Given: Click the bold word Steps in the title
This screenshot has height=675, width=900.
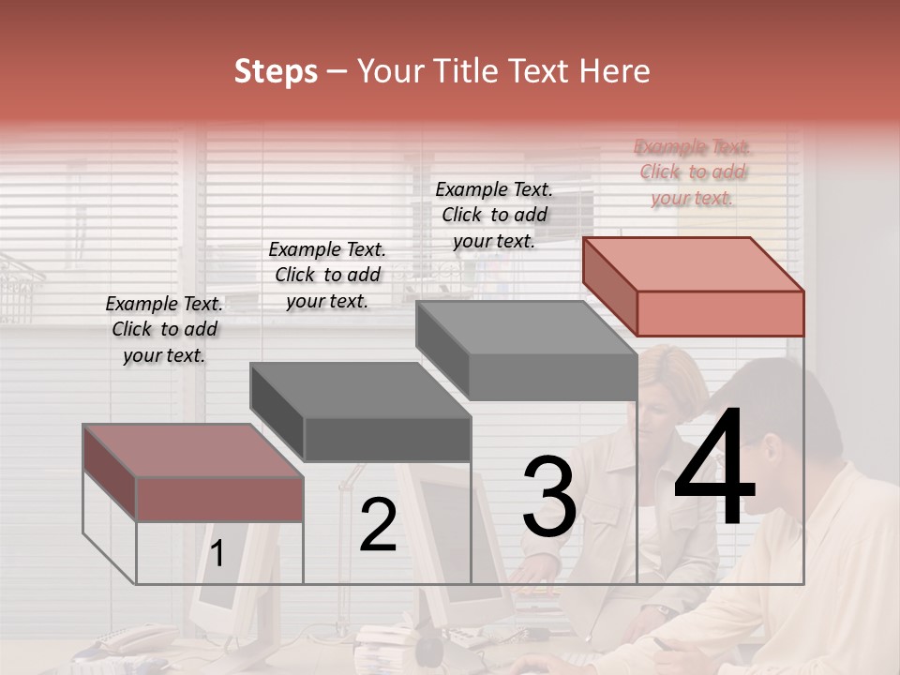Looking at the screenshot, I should pyautogui.click(x=276, y=71).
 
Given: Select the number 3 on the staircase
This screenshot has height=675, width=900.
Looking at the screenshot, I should pyautogui.click(x=549, y=496).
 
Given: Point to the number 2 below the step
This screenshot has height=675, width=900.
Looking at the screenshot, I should pyautogui.click(x=378, y=525).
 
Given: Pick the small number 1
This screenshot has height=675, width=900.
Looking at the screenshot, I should pyautogui.click(x=217, y=554).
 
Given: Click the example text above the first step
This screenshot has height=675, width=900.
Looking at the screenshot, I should pyautogui.click(x=164, y=329).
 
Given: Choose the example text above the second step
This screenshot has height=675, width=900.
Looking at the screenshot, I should pyautogui.click(x=327, y=275).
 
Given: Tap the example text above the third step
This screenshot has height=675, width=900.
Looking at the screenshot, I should pyautogui.click(x=494, y=215).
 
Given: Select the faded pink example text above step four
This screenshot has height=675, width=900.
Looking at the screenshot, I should pyautogui.click(x=692, y=172).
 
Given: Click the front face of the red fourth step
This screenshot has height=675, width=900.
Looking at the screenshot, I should pyautogui.click(x=720, y=313).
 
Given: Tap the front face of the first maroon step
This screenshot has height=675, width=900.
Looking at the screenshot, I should pyautogui.click(x=219, y=499).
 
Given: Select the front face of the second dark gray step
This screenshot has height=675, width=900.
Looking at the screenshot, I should pyautogui.click(x=387, y=439).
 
